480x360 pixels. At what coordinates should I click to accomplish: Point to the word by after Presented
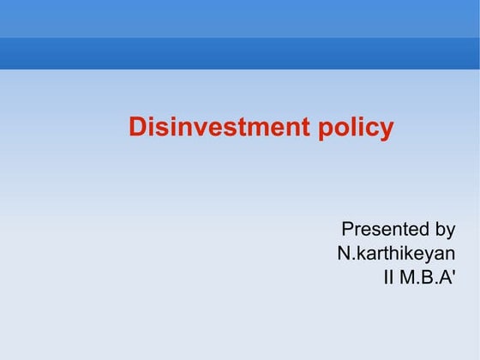click(x=445, y=231)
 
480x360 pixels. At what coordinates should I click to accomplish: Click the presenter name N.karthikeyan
click(x=396, y=254)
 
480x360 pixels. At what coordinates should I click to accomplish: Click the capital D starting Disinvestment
click(x=137, y=128)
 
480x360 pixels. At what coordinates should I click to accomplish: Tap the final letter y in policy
click(x=387, y=130)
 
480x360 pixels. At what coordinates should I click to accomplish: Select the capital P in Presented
click(x=347, y=230)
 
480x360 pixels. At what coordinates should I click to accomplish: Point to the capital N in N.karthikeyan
click(x=344, y=254)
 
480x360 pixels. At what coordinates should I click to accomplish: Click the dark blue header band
click(x=240, y=53)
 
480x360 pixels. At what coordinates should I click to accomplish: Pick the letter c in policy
click(x=375, y=129)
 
